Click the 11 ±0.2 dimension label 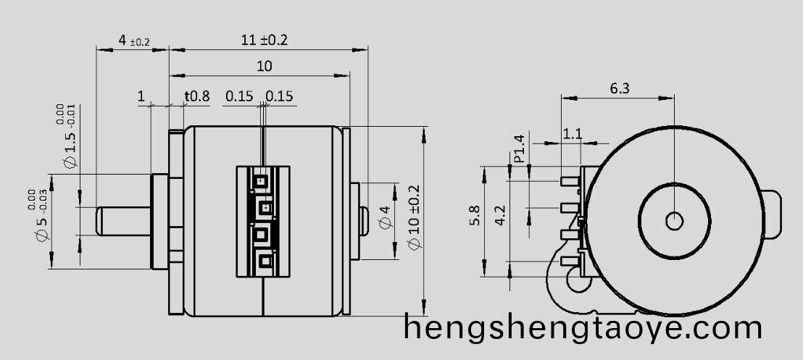(265, 41)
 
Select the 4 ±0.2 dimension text (133, 41)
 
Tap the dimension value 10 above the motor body (264, 66)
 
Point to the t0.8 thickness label (196, 96)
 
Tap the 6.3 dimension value (620, 88)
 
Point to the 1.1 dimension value (573, 134)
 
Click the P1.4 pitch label (519, 148)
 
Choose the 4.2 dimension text (500, 217)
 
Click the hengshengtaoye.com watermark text (583, 329)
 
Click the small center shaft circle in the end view (674, 220)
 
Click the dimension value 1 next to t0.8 (141, 96)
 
